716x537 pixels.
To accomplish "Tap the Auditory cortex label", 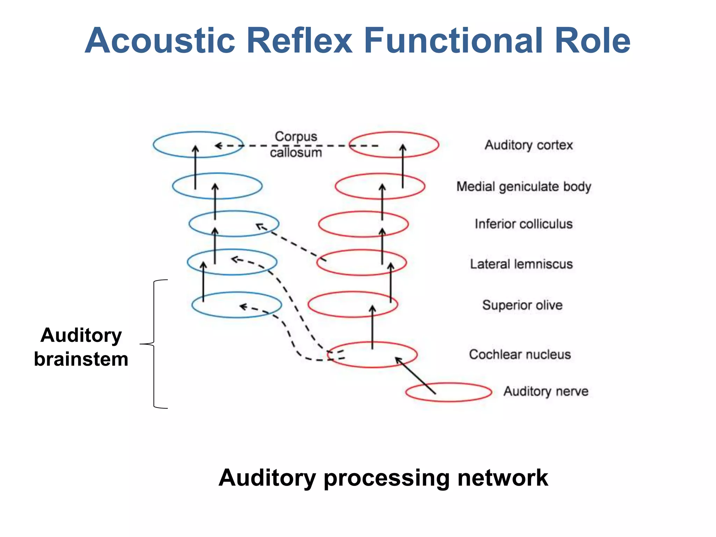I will (x=529, y=145).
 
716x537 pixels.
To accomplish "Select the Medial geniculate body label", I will (x=523, y=186).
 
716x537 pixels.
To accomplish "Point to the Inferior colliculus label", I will (x=523, y=224).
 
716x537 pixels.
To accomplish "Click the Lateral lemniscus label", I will (x=521, y=264).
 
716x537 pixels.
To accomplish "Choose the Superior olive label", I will (x=522, y=305).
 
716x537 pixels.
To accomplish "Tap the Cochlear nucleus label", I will (x=520, y=354).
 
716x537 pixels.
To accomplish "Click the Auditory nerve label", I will (x=546, y=391).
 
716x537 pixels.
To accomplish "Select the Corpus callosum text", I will (x=296, y=144).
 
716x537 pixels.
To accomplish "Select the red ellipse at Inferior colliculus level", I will (x=350, y=224).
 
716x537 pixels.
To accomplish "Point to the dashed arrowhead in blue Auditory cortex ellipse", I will (x=219, y=145).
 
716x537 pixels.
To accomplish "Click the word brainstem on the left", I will (x=81, y=359).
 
